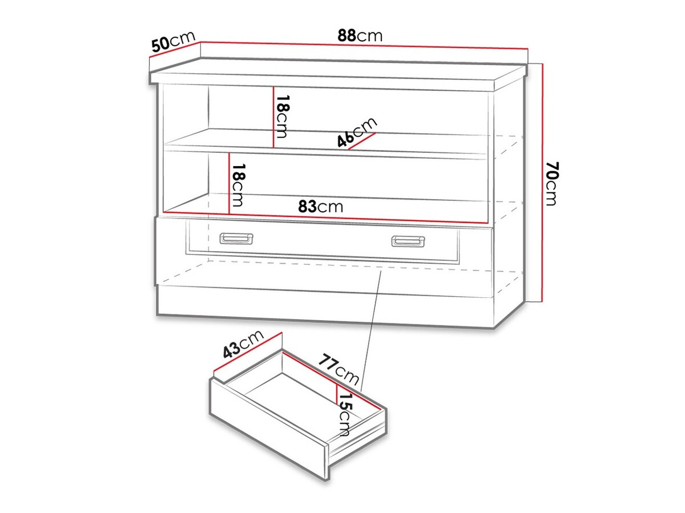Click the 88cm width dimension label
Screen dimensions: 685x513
pos(360,36)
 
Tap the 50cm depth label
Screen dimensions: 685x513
pos(174,41)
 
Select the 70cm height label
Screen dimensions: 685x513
pos(551,184)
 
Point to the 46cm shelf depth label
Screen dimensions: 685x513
pos(357,132)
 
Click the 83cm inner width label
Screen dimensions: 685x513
pos(320,206)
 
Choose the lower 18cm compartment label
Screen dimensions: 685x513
pos(237,185)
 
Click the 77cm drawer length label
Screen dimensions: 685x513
pos(339,369)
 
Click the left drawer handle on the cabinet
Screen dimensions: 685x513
pos(236,239)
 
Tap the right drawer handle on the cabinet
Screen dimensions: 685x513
pos(408,241)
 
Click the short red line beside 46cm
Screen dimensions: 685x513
pos(362,141)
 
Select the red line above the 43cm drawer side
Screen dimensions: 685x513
pos(248,352)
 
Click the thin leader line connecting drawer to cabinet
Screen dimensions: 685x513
pos(370,330)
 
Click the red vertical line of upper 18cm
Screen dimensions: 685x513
pos(273,117)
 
